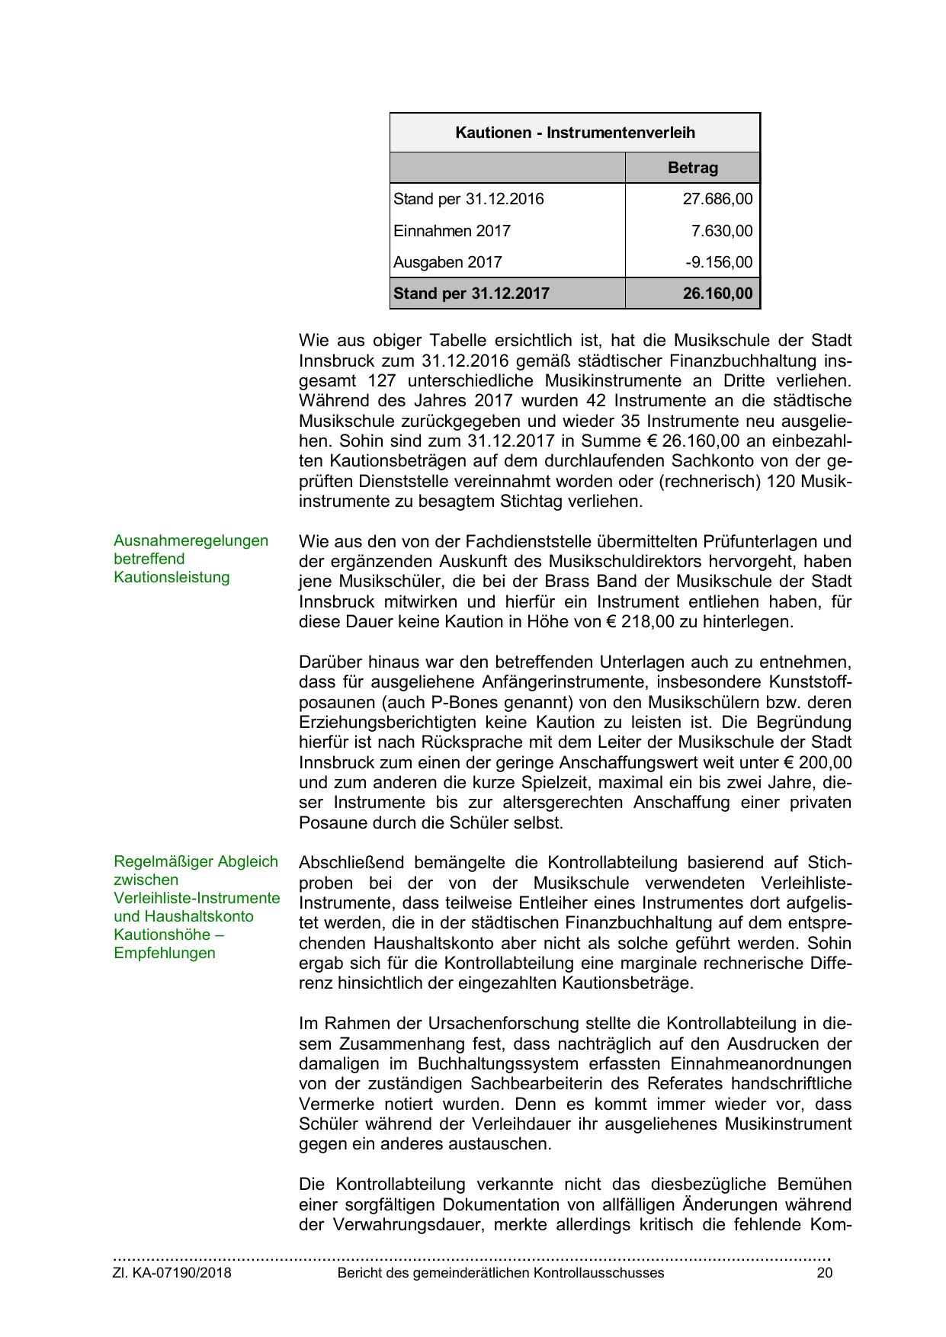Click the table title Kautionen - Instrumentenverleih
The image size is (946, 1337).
click(575, 133)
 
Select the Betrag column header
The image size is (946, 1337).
click(692, 168)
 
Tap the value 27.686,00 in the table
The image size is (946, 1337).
click(717, 200)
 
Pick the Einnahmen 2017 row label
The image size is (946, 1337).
click(452, 231)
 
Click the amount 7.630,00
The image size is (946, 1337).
click(721, 231)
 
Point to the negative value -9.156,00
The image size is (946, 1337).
click(718, 262)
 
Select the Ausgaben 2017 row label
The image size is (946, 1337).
click(447, 262)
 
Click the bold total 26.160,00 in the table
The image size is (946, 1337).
click(717, 293)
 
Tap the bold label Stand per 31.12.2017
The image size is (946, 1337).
click(471, 293)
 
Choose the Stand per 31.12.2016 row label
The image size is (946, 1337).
click(469, 200)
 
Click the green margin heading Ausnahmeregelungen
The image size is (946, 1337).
click(191, 540)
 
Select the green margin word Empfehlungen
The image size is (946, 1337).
click(165, 953)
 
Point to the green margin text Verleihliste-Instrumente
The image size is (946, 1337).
click(197, 898)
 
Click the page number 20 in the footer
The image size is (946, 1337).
click(824, 1273)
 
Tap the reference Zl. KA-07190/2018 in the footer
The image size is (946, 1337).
click(172, 1273)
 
